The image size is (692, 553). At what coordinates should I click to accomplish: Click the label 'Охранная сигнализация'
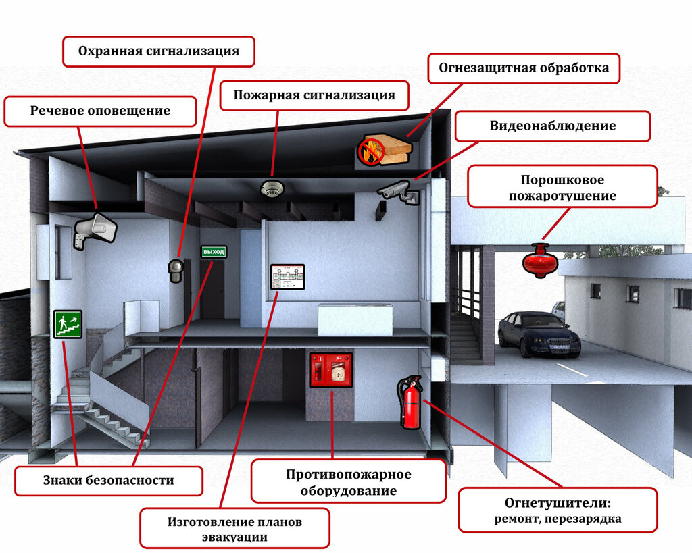click(159, 51)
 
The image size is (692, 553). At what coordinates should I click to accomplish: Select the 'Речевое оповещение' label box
click(100, 111)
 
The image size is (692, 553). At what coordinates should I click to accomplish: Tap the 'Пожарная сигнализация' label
click(314, 95)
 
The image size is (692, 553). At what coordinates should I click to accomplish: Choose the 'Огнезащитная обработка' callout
click(524, 68)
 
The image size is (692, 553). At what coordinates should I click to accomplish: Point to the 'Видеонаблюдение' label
click(552, 126)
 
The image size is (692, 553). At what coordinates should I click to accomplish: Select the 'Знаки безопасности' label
click(109, 481)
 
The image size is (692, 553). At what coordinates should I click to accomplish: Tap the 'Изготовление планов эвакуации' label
click(234, 529)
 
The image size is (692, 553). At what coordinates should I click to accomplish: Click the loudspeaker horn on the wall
click(95, 228)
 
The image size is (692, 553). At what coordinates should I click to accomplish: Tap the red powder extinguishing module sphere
click(540, 261)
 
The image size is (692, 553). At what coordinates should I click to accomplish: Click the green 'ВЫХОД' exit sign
click(214, 252)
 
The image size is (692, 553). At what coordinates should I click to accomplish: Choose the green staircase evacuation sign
click(68, 324)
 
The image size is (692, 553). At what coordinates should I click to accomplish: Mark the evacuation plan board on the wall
click(288, 277)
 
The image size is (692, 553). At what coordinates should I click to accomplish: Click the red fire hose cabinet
click(330, 369)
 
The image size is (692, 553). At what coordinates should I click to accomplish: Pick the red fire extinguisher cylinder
click(410, 405)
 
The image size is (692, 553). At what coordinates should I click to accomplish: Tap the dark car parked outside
click(539, 334)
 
